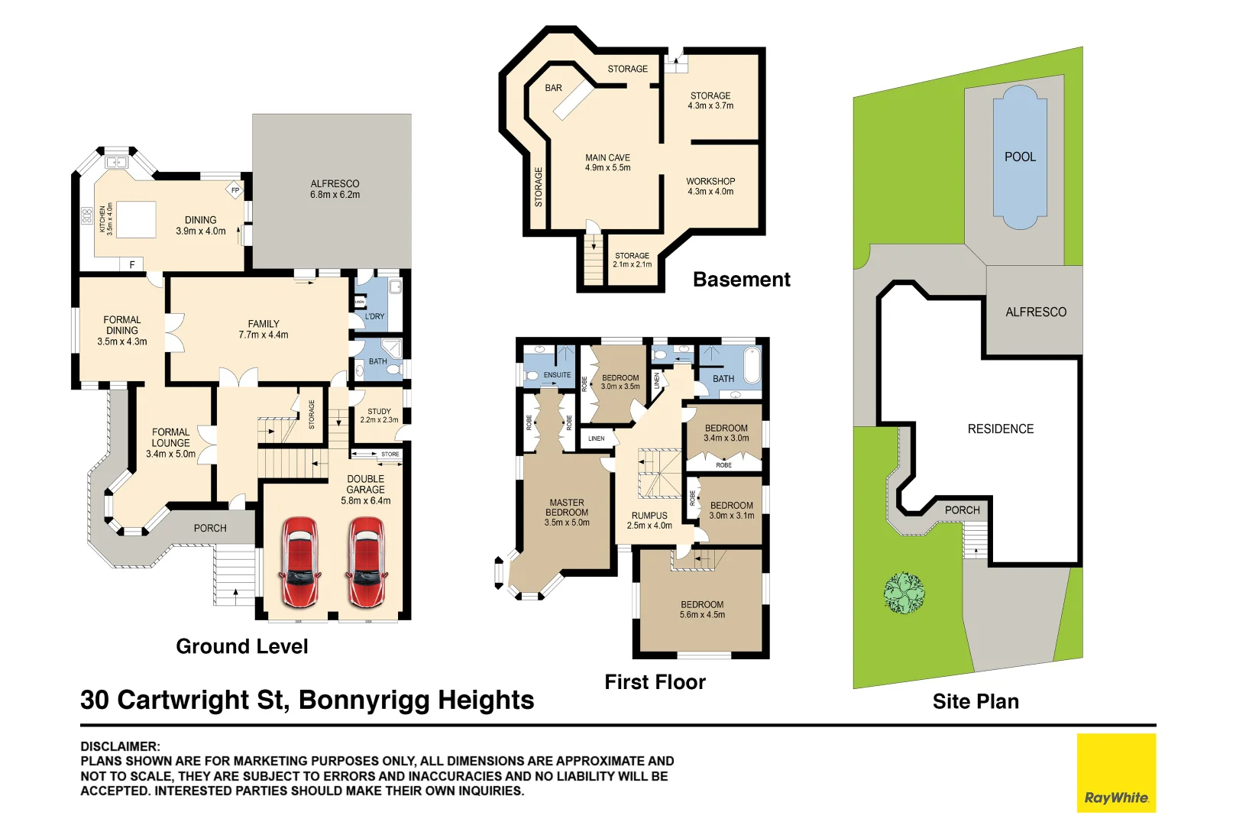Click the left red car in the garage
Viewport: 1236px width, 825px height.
299,562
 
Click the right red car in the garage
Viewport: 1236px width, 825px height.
367,562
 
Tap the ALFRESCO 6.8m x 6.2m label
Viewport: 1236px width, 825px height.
335,189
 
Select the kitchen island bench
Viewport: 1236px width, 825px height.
136,220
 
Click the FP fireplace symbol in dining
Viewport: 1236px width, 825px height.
235,190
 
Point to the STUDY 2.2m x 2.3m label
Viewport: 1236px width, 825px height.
379,416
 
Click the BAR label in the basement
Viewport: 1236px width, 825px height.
553,88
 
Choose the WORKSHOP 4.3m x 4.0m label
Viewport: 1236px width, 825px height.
710,186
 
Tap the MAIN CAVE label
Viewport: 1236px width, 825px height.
607,163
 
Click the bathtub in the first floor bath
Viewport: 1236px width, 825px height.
752,365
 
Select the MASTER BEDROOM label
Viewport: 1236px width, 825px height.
567,513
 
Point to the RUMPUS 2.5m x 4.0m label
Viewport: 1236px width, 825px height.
649,520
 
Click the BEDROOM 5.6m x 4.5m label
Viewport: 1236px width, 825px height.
702,610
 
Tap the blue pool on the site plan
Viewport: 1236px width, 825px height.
1020,157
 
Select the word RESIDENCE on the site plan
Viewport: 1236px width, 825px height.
1000,429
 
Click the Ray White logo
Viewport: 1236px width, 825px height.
1116,772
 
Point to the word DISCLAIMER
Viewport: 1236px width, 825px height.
120,746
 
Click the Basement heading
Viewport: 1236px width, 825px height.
741,280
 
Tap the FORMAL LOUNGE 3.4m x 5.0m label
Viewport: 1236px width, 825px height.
170,443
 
